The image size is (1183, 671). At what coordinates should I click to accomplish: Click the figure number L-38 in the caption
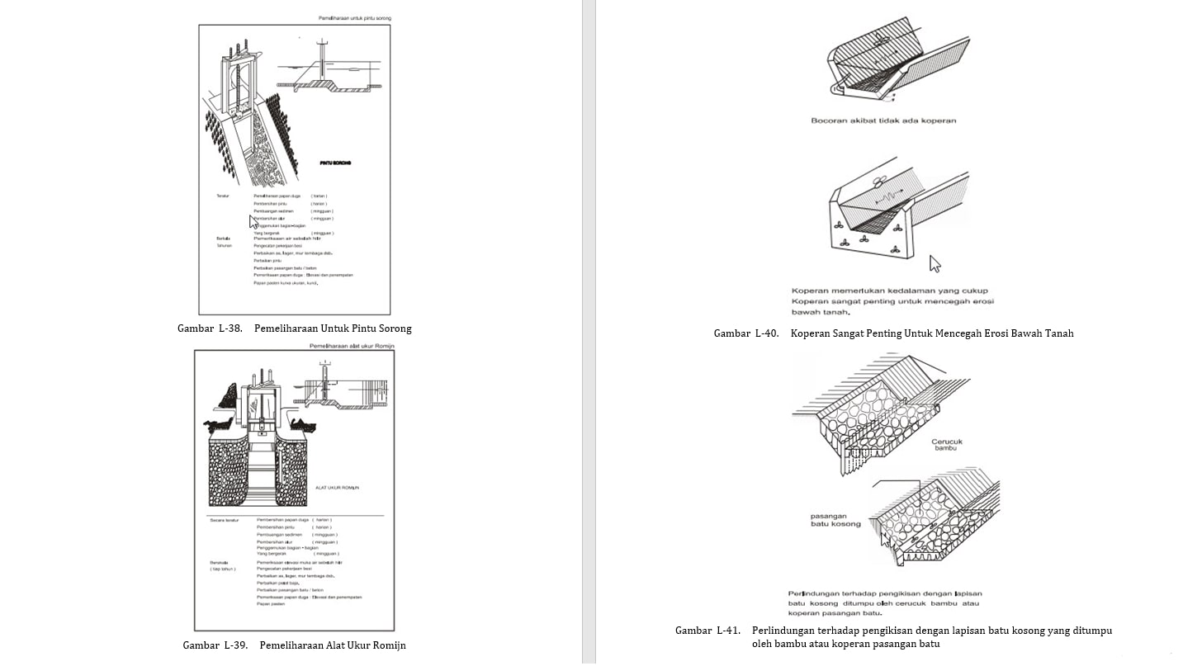(x=230, y=328)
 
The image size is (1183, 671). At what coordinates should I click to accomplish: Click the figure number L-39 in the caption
(x=236, y=645)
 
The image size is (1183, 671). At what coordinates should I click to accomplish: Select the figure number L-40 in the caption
(x=767, y=333)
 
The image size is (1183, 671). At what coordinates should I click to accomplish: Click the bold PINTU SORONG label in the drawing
(x=335, y=163)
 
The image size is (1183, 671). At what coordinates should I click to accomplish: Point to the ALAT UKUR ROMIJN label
(x=337, y=488)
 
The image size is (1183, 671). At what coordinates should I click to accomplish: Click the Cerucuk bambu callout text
(x=946, y=445)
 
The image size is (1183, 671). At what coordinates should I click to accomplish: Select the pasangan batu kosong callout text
(x=835, y=520)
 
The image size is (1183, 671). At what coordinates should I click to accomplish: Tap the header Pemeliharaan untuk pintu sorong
(x=355, y=17)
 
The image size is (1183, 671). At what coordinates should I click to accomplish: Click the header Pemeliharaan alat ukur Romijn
(x=351, y=346)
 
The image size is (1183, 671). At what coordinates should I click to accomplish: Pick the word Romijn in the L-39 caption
(x=386, y=645)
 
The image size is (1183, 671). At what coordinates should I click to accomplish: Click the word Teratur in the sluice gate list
(x=222, y=196)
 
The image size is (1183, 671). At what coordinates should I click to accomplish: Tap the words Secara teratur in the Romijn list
(x=224, y=520)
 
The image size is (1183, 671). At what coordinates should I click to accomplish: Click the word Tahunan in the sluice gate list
(x=224, y=246)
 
